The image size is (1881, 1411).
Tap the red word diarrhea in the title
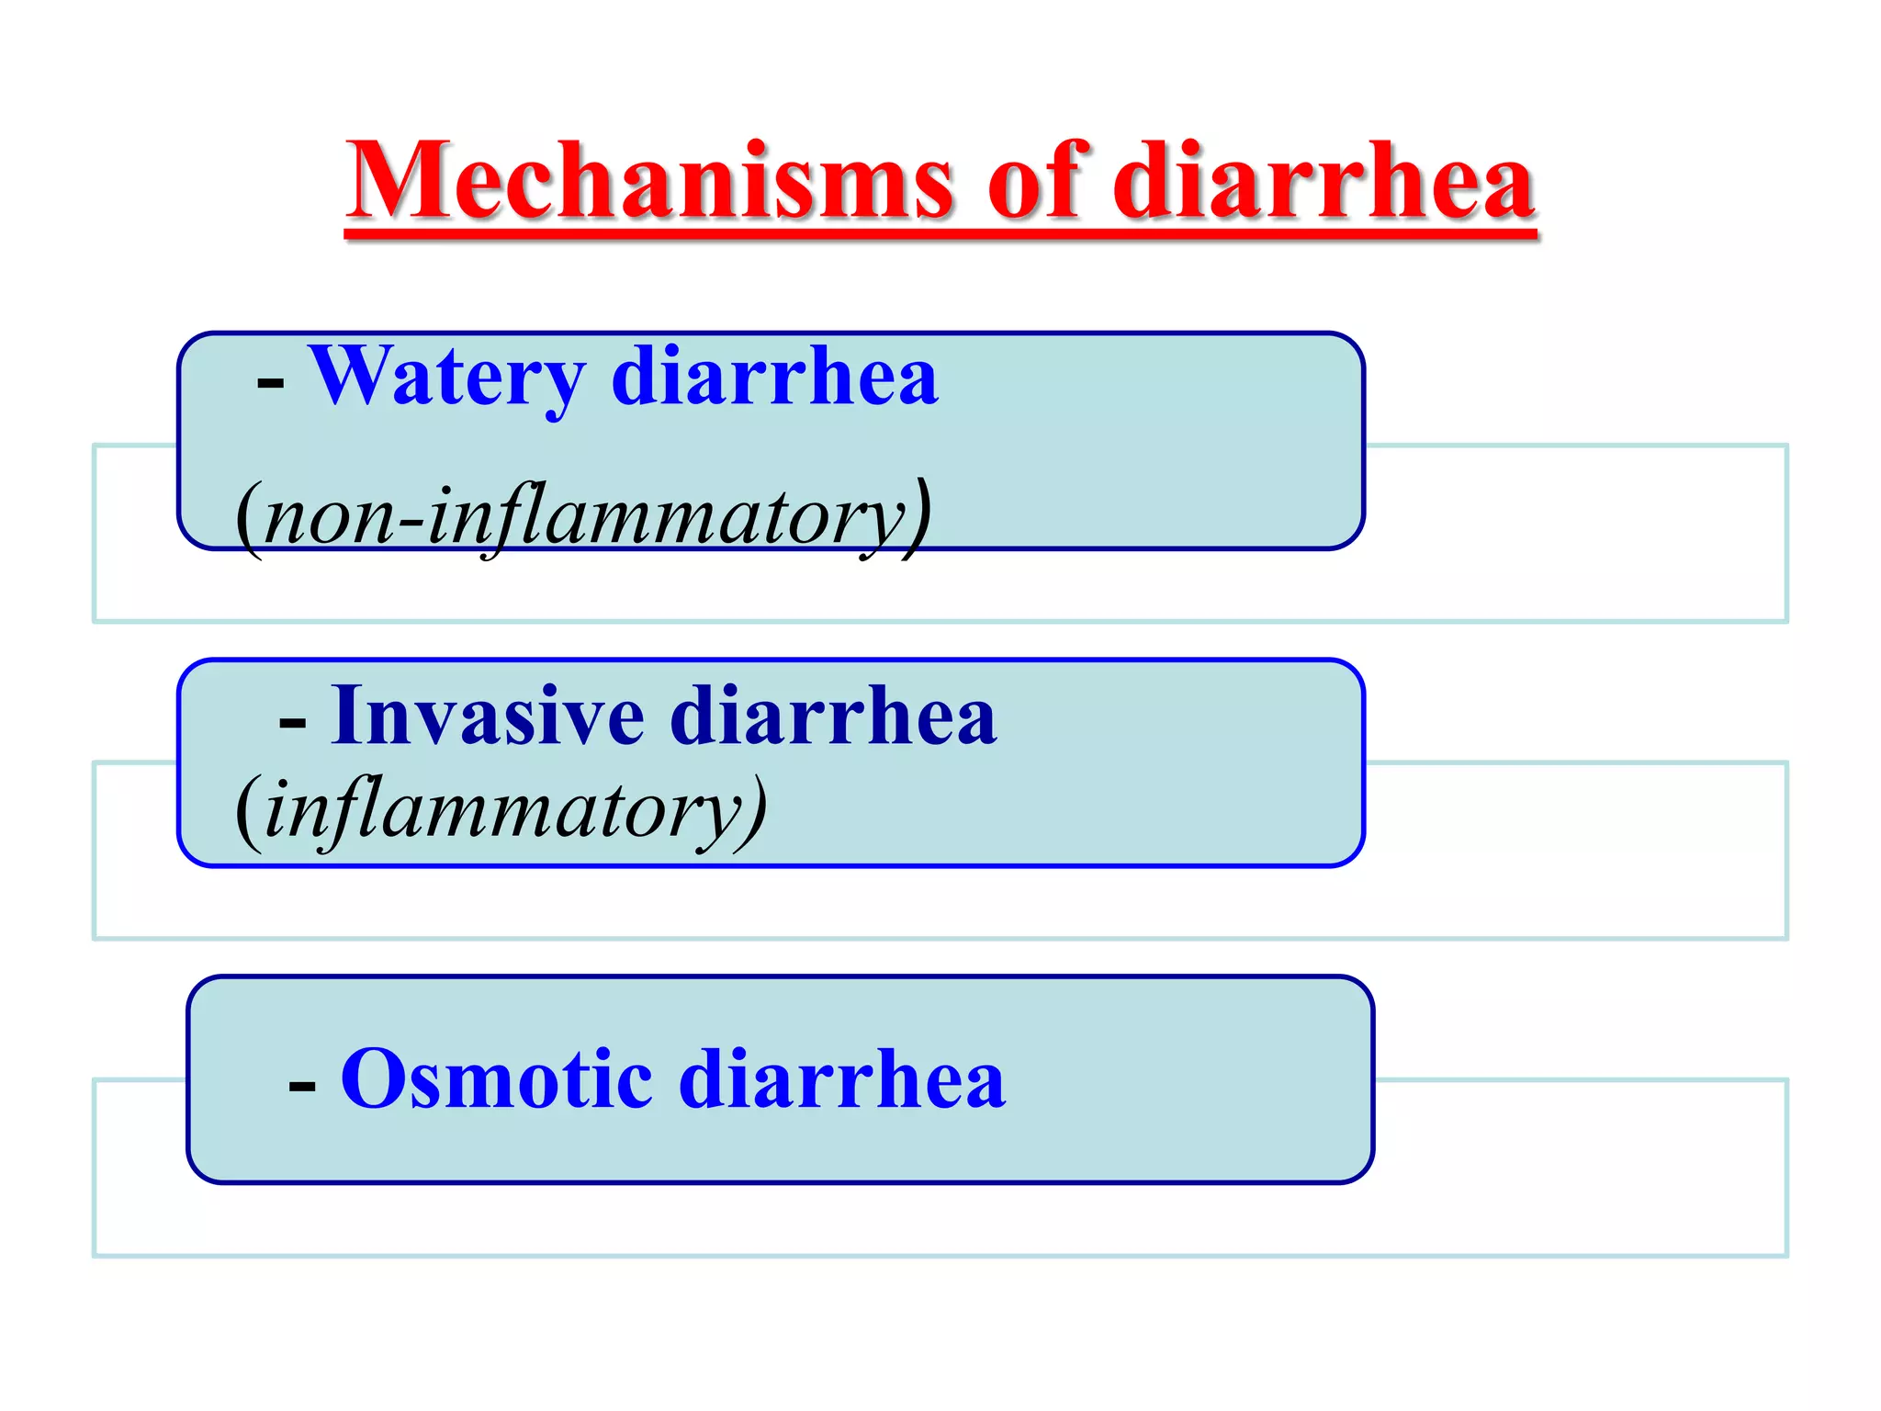pos(1323,182)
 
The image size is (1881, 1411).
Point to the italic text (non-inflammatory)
pos(583,516)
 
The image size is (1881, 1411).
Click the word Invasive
pos(487,716)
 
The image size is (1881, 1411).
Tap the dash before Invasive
pos(292,723)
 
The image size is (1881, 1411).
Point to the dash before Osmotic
pos(302,1087)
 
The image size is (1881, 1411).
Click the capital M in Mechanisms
pos(397,182)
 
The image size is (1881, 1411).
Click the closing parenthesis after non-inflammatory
pos(918,516)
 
